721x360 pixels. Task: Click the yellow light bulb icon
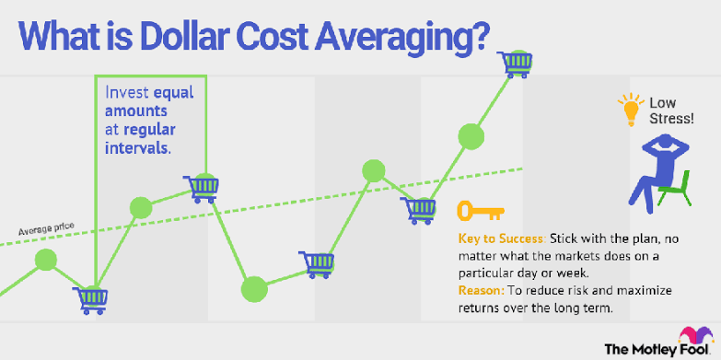click(x=631, y=110)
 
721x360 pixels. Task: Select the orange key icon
click(x=480, y=210)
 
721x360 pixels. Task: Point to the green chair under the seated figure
click(x=675, y=189)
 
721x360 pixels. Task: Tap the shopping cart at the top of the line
click(x=515, y=64)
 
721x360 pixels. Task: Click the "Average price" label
click(x=46, y=228)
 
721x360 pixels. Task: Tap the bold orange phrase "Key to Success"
click(x=501, y=239)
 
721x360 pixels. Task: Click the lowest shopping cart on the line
click(x=89, y=300)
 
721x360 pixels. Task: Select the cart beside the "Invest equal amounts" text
click(x=201, y=189)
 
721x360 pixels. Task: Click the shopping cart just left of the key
click(x=417, y=210)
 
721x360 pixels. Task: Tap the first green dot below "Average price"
click(x=46, y=260)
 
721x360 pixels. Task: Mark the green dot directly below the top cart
click(x=471, y=136)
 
